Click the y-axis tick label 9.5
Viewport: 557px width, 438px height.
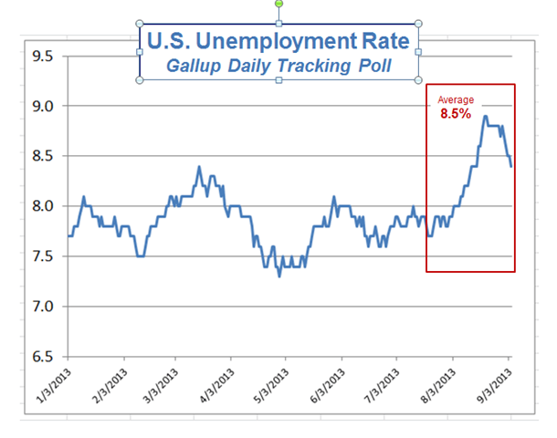(x=42, y=56)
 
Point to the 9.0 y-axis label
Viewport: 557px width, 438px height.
(x=42, y=106)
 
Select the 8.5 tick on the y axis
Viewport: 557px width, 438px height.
(x=42, y=156)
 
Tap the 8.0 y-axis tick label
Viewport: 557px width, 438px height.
(x=42, y=206)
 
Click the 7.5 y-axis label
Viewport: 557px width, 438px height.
(x=42, y=256)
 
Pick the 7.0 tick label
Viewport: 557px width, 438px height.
(x=42, y=307)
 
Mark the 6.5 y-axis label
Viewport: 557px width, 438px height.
(x=42, y=357)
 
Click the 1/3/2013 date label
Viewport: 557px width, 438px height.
(x=54, y=386)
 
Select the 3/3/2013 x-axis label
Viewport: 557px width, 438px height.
(x=161, y=386)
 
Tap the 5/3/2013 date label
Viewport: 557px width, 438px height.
(x=271, y=386)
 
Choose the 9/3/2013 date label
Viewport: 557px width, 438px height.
(x=495, y=386)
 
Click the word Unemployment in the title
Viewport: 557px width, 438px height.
(x=277, y=42)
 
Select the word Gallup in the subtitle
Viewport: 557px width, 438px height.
(x=194, y=66)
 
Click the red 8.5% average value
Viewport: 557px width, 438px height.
(x=456, y=113)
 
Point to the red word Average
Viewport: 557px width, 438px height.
(x=456, y=99)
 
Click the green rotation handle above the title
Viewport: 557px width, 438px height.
(x=278, y=4)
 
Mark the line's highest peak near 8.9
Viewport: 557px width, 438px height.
(x=485, y=117)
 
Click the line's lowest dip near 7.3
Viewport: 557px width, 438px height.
(x=279, y=276)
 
